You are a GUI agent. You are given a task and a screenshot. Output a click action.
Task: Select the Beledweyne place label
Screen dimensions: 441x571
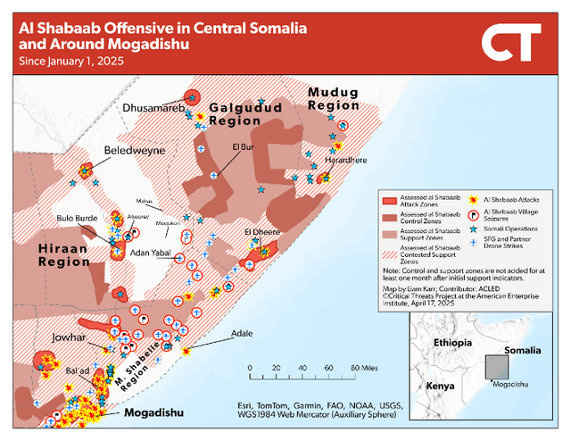(x=135, y=151)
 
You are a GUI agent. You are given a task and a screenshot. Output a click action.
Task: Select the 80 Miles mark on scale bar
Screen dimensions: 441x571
(x=366, y=367)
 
